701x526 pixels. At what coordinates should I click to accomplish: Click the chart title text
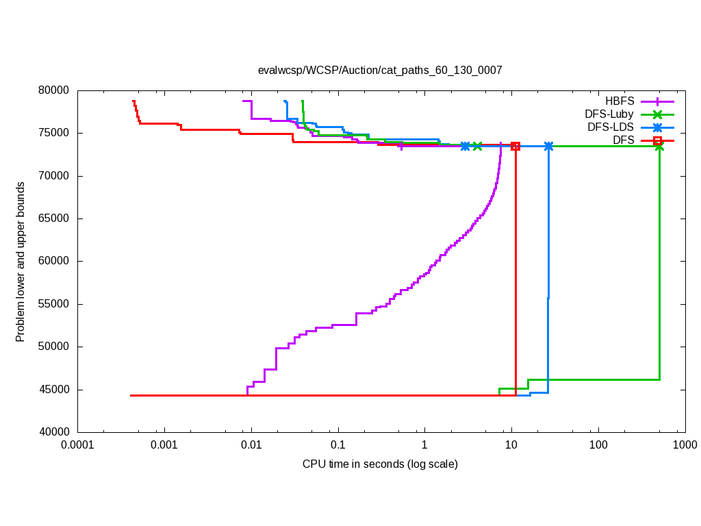click(380, 70)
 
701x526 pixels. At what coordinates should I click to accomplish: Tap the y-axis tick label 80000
click(54, 90)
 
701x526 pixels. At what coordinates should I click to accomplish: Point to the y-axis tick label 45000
click(54, 390)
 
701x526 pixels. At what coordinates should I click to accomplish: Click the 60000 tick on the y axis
click(54, 261)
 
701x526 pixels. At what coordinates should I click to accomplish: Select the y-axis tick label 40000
click(54, 432)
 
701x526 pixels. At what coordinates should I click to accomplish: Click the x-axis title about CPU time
click(380, 464)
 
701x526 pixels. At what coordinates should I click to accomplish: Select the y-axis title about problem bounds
click(21, 262)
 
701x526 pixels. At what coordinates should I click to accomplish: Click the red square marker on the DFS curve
click(515, 146)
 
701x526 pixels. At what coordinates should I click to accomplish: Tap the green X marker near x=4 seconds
click(477, 146)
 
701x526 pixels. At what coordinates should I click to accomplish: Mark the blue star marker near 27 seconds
click(548, 146)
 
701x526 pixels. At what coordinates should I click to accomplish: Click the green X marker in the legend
click(658, 114)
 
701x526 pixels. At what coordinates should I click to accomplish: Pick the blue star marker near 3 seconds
click(466, 146)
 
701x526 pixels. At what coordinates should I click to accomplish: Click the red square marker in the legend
click(658, 140)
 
